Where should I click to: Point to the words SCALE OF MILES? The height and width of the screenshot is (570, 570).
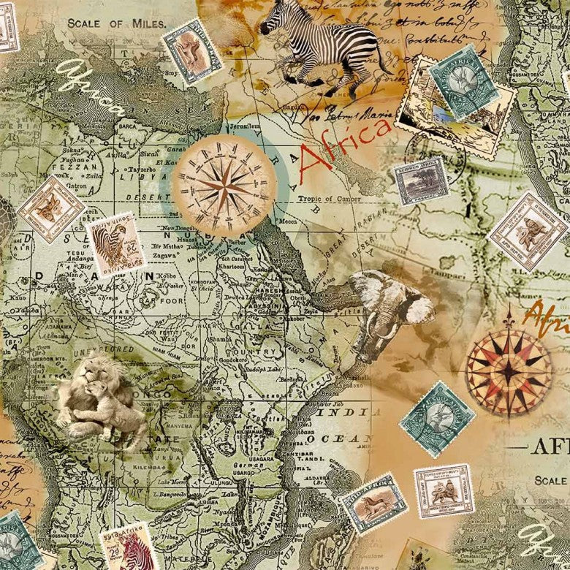pyautogui.click(x=117, y=23)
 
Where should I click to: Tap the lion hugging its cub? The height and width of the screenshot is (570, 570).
pyautogui.click(x=102, y=398)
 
